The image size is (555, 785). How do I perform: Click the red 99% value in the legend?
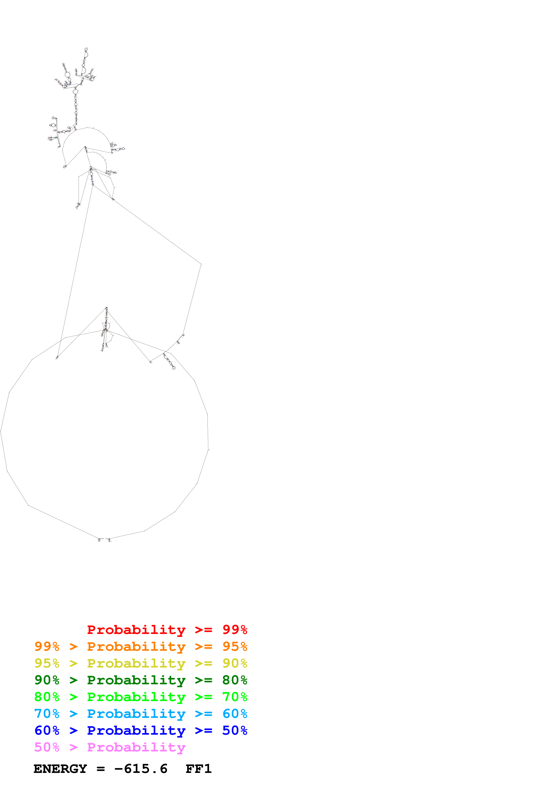(235, 629)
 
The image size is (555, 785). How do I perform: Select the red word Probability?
(136, 629)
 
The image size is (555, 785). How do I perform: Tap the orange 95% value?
(235, 646)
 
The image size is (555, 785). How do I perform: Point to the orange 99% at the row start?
(47, 646)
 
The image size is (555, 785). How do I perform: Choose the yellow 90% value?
(235, 663)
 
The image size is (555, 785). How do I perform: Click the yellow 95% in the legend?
(47, 663)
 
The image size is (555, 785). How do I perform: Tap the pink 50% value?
(47, 747)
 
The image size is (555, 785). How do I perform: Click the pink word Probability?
(136, 747)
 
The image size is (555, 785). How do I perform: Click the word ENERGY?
(60, 769)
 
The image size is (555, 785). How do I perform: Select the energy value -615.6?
(141, 769)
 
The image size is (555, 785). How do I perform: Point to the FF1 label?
(198, 769)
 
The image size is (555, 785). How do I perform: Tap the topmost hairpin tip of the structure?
(86, 49)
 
